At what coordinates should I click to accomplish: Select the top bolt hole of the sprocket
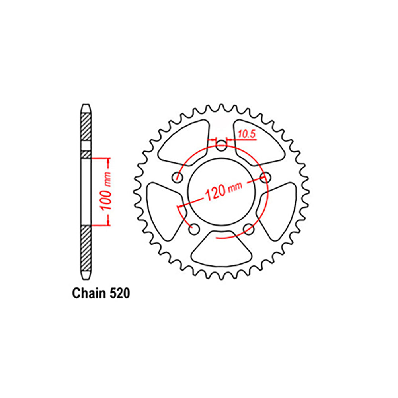[x=222, y=144]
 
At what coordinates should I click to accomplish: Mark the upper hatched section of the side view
[x=86, y=127]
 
